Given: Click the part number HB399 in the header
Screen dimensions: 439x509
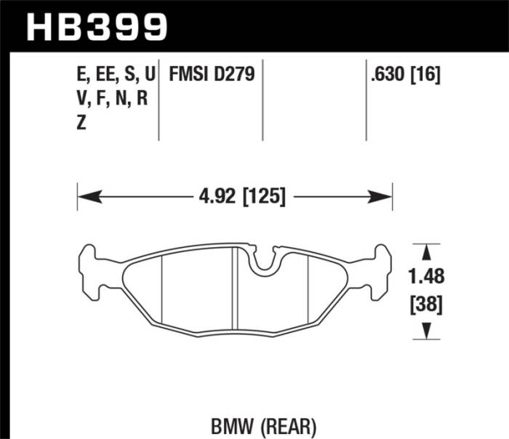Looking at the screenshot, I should (97, 27).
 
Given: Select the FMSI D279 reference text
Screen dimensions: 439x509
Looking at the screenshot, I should (211, 75).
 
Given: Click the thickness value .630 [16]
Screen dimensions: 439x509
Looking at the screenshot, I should (406, 75).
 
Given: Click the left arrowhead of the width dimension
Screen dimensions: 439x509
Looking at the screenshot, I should (84, 196).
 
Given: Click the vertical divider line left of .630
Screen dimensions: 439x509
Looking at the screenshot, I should (365, 102).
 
